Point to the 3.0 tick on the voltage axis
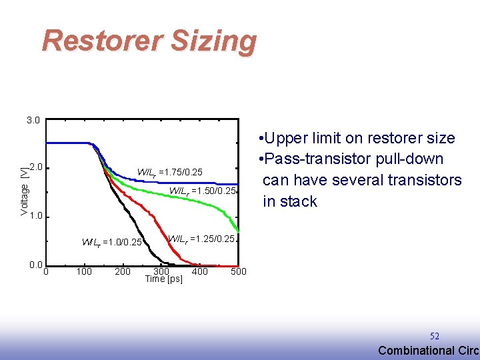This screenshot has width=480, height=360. click(x=33, y=121)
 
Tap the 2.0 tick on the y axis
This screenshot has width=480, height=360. click(x=36, y=167)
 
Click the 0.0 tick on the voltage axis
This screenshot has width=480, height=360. click(x=36, y=265)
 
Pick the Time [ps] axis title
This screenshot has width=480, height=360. click(x=163, y=279)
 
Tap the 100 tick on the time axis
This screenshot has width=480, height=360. click(x=84, y=271)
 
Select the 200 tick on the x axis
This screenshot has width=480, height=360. click(x=123, y=271)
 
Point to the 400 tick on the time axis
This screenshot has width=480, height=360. click(x=200, y=271)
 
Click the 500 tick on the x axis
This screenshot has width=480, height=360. click(x=238, y=271)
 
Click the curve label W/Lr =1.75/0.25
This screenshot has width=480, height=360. click(x=169, y=171)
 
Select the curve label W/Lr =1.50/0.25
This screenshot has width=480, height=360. click(x=202, y=191)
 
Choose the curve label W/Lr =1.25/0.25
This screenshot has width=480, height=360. click(x=201, y=239)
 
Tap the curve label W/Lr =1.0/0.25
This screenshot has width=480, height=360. click(x=112, y=242)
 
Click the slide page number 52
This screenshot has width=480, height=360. click(x=434, y=337)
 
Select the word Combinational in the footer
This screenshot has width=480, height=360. click(x=415, y=351)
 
